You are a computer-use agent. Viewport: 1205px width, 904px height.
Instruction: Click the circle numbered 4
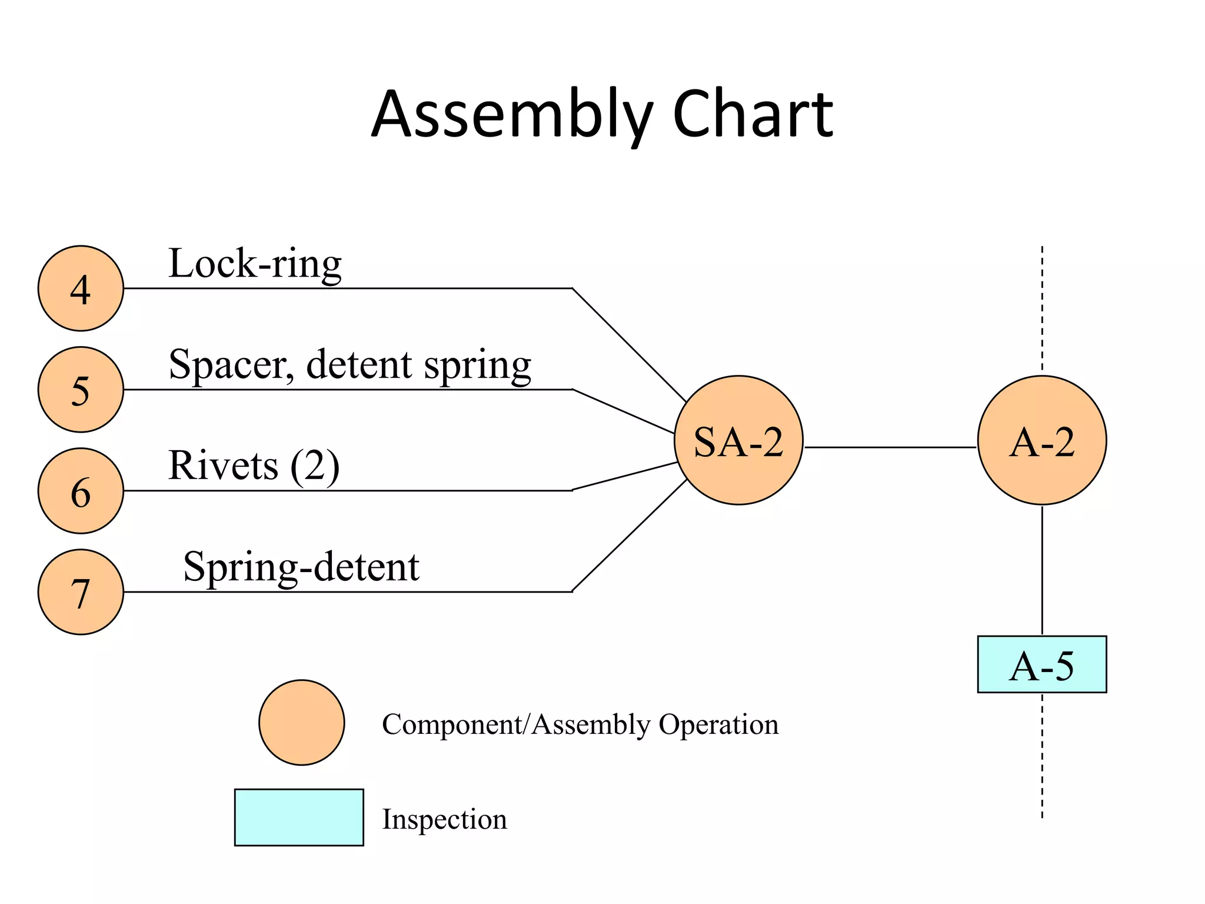click(81, 288)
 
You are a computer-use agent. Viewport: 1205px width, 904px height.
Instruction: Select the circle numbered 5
click(81, 390)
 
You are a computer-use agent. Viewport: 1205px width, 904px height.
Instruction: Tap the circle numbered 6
click(81, 491)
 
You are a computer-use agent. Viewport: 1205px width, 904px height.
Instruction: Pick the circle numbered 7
click(81, 592)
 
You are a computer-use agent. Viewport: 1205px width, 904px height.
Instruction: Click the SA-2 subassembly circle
click(738, 440)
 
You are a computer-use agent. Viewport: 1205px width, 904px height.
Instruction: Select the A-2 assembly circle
click(1042, 440)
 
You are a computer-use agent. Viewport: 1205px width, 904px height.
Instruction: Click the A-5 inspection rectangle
click(1042, 664)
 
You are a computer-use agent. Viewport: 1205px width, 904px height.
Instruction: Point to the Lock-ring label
click(255, 264)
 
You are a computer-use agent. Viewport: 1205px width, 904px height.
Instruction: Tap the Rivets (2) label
click(254, 466)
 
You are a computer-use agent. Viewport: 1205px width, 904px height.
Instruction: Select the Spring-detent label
click(301, 567)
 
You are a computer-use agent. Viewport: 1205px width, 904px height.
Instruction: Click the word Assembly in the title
click(512, 115)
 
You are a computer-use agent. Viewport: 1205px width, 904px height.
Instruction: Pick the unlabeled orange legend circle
click(302, 723)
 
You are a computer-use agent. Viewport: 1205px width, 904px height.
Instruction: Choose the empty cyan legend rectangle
click(299, 817)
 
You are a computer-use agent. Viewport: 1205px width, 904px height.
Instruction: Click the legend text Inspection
click(444, 819)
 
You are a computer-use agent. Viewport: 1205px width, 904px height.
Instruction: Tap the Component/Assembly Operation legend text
click(580, 724)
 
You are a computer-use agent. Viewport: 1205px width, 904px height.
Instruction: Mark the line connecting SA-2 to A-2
click(890, 447)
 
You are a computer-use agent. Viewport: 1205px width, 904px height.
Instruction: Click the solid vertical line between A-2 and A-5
click(1042, 570)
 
